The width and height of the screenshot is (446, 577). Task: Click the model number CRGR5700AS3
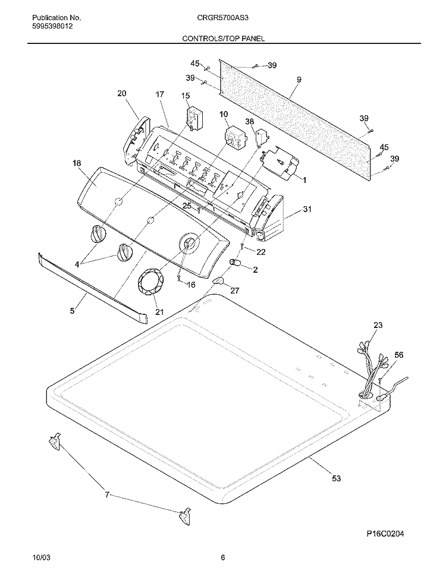[223, 17]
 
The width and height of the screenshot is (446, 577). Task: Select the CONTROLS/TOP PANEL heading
[223, 38]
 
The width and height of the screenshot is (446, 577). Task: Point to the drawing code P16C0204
[385, 534]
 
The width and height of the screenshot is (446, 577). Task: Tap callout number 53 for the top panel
[336, 478]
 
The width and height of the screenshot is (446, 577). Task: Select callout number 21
[159, 312]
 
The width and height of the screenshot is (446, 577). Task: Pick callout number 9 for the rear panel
[299, 79]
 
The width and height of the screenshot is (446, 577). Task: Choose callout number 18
[77, 163]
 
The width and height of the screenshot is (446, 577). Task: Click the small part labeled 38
[262, 137]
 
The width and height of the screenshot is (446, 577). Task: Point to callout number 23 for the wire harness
[378, 325]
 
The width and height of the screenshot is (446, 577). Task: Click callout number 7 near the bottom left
[107, 495]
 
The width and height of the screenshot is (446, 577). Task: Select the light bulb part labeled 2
[235, 263]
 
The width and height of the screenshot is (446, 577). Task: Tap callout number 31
[307, 209]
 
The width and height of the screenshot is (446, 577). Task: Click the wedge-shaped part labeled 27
[219, 281]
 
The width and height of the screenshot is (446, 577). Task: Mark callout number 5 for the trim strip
[72, 311]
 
